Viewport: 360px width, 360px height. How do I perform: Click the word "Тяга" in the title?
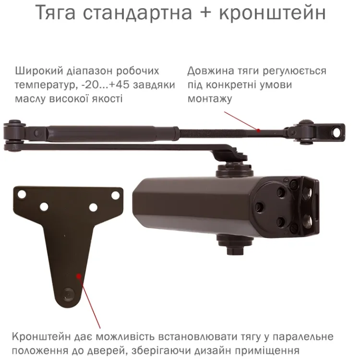56,13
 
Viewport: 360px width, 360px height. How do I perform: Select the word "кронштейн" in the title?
272,13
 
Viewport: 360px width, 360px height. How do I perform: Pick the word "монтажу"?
210,99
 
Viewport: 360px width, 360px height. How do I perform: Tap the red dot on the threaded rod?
259,131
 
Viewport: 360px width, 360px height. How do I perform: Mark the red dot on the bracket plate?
79,276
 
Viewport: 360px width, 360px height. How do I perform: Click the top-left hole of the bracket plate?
22,194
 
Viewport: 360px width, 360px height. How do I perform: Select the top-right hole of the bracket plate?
115,195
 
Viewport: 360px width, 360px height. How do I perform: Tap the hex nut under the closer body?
235,250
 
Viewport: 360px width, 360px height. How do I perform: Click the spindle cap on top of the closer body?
234,169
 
